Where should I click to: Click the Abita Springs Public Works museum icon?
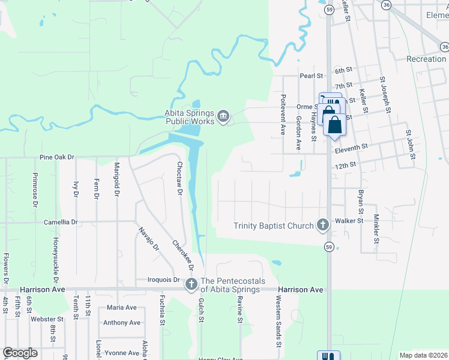point(223,116)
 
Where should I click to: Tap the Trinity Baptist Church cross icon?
point(322,225)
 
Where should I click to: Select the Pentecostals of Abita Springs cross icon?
point(191,284)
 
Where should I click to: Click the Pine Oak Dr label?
point(56,157)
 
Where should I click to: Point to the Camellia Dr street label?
point(61,222)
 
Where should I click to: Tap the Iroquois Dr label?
point(164,280)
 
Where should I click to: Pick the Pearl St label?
point(312,76)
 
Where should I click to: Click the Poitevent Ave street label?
point(282,113)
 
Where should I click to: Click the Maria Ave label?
point(122,307)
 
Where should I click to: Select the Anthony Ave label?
point(122,323)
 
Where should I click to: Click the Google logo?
point(20,353)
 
